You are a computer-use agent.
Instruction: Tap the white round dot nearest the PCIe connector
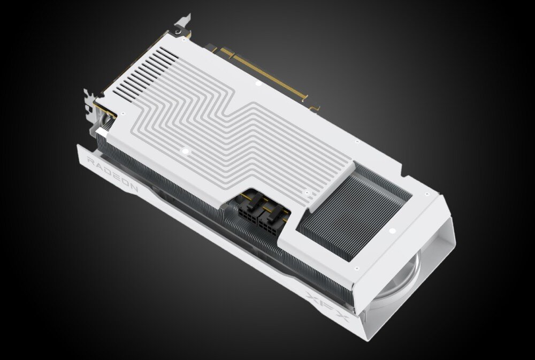click(x=258, y=83)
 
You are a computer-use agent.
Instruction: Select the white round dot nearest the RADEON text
click(x=185, y=151)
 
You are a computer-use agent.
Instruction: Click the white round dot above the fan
click(x=392, y=232)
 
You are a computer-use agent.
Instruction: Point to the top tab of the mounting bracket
click(x=182, y=21)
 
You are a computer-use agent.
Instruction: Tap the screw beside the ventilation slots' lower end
click(x=124, y=113)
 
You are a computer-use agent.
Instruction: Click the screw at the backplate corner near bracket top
click(x=185, y=39)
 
